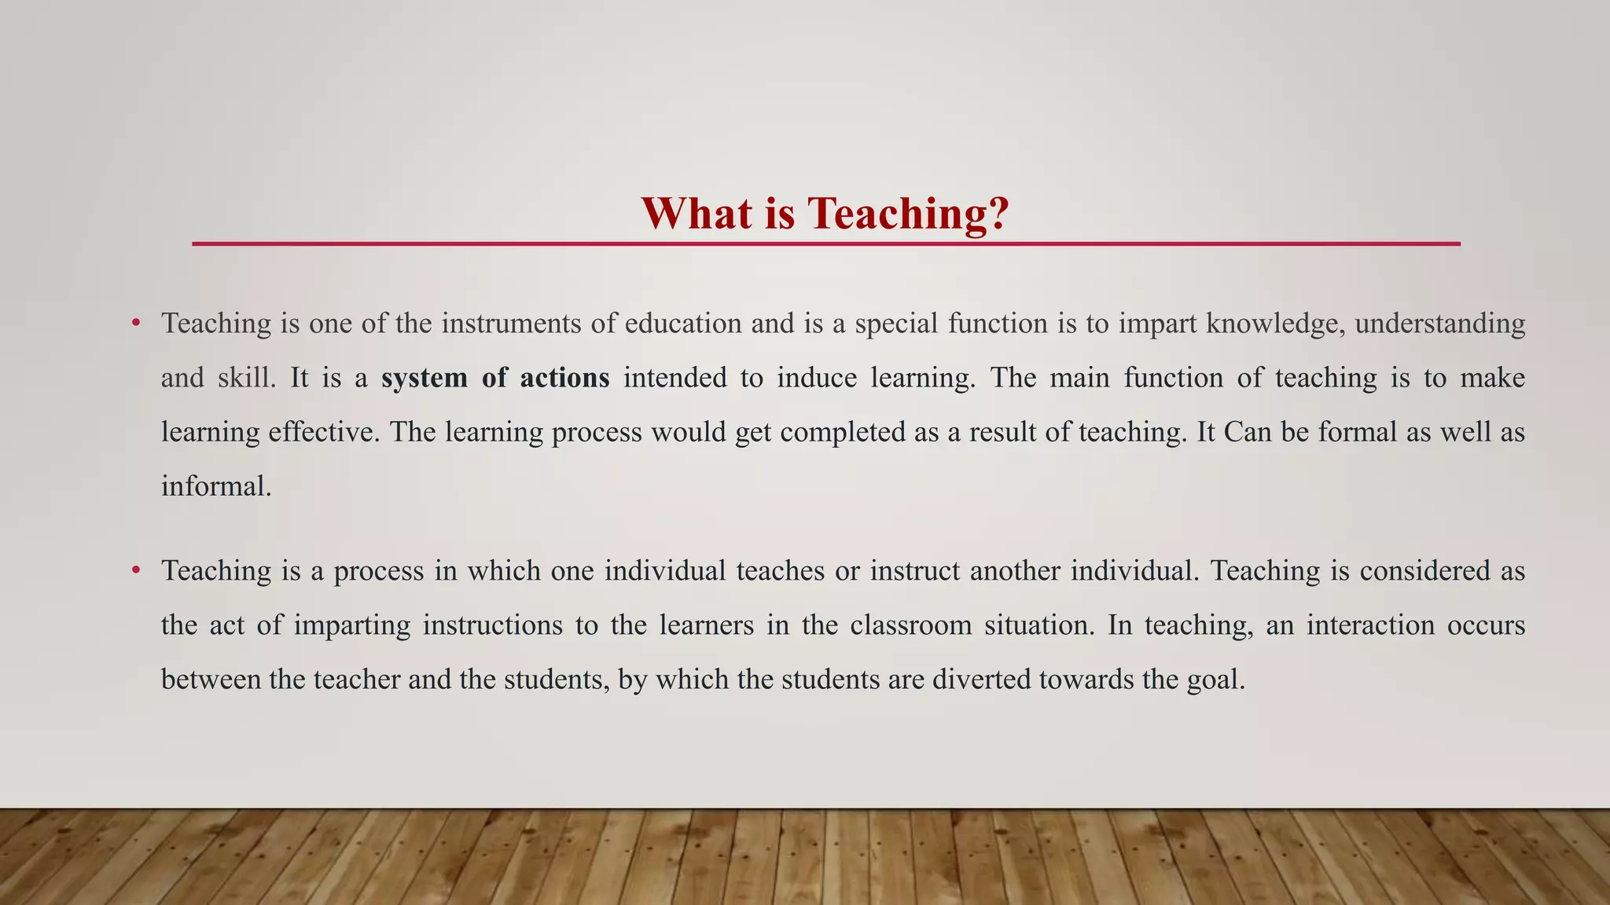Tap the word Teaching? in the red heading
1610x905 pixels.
click(908, 214)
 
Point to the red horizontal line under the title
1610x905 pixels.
click(825, 244)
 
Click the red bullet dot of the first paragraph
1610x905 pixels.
click(136, 322)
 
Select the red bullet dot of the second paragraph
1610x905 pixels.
click(136, 570)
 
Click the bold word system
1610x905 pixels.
click(425, 378)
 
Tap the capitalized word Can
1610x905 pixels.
click(1248, 432)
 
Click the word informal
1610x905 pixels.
click(215, 486)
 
